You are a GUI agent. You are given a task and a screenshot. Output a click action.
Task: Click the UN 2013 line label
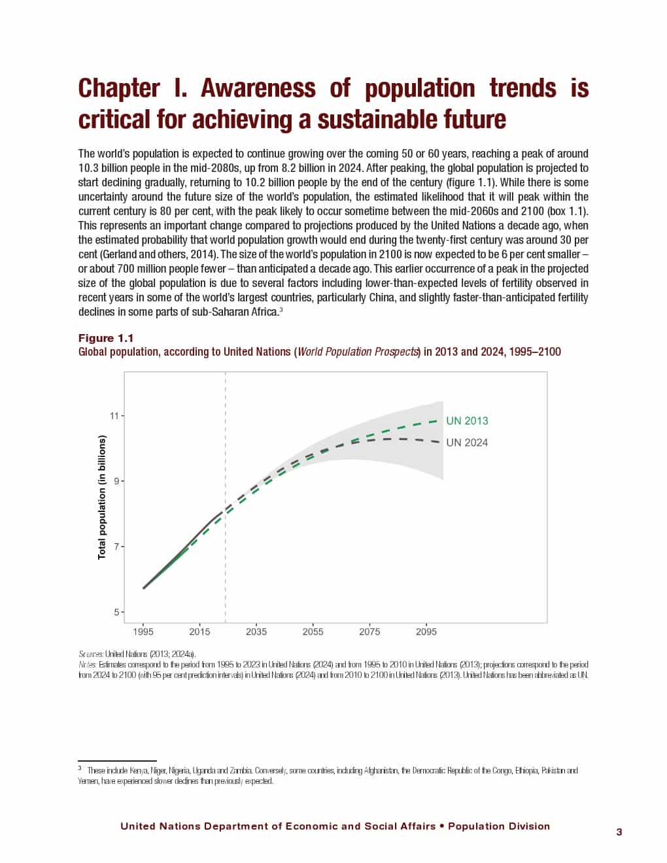pyautogui.click(x=467, y=421)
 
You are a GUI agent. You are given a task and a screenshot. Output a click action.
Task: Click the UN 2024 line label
pyautogui.click(x=467, y=443)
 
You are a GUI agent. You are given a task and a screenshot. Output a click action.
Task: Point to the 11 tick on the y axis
pyautogui.click(x=115, y=416)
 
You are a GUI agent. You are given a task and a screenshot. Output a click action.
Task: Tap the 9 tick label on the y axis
pyautogui.click(x=116, y=481)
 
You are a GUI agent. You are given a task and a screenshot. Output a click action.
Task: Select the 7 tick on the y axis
pyautogui.click(x=116, y=547)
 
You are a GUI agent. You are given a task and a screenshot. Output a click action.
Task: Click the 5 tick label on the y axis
pyautogui.click(x=116, y=613)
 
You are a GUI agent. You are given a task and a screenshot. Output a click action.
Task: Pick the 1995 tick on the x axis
pyautogui.click(x=143, y=632)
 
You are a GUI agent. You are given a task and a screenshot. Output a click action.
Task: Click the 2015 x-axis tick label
pyautogui.click(x=199, y=632)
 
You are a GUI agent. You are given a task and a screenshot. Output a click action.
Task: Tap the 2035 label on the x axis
pyautogui.click(x=256, y=632)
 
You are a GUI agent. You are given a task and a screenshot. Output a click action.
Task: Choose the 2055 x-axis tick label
pyautogui.click(x=313, y=632)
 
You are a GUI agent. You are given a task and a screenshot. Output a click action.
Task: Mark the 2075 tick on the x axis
pyautogui.click(x=369, y=632)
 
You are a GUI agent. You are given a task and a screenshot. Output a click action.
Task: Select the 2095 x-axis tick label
pyautogui.click(x=426, y=632)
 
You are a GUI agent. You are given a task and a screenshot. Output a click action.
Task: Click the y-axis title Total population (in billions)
pyautogui.click(x=102, y=498)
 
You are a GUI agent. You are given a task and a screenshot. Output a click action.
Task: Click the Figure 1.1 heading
pyautogui.click(x=106, y=338)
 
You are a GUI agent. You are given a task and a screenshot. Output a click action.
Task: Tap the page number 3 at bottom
pyautogui.click(x=619, y=832)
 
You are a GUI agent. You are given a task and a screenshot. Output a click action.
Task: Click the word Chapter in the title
pyautogui.click(x=118, y=88)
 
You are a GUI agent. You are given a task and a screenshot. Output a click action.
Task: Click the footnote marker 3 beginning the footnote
pyautogui.click(x=80, y=770)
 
